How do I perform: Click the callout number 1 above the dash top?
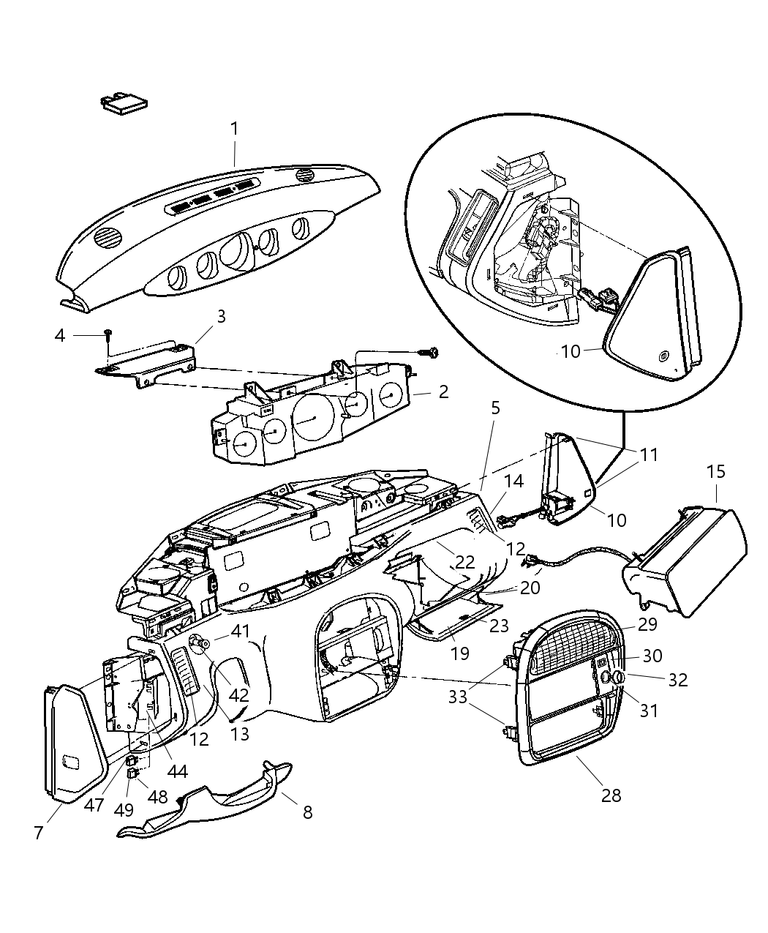tap(234, 129)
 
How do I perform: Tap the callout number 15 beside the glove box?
tap(715, 472)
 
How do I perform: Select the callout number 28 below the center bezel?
tap(611, 795)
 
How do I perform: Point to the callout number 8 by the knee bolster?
tap(307, 812)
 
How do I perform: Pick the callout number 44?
tap(178, 771)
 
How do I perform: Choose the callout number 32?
tap(677, 679)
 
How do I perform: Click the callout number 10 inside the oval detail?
tap(571, 351)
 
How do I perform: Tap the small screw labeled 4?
tap(108, 334)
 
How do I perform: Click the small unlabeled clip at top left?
tap(122, 103)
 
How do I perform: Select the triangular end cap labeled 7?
tap(73, 743)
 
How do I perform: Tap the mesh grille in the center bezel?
tap(571, 645)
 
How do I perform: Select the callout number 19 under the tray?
tap(459, 652)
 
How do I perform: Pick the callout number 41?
tap(239, 630)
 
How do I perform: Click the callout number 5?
tap(495, 408)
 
